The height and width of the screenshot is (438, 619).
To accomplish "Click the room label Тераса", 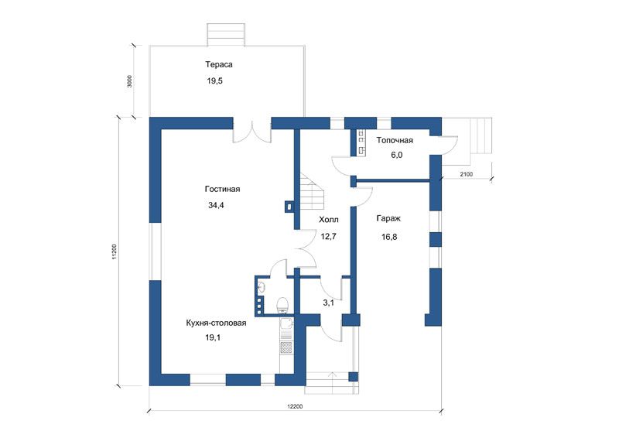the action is (219, 64).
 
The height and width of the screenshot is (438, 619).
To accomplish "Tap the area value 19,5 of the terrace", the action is (215, 81).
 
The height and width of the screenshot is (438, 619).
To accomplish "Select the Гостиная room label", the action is (222, 189).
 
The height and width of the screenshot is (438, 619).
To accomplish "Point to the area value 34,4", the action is (216, 205).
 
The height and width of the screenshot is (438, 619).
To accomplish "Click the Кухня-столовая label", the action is (216, 323).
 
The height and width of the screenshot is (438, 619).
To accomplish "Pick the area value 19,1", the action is (213, 337).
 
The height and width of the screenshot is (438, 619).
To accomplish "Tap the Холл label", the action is (328, 220).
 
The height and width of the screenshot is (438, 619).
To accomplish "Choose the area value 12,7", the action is (328, 237).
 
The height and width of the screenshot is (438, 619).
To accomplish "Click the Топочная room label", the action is (395, 140).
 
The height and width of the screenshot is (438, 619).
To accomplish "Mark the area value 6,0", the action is (397, 155).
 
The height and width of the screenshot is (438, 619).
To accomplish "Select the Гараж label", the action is (389, 218).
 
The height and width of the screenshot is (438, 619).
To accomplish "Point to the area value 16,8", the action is (389, 237).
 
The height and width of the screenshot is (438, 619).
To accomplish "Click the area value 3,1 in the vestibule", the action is (328, 303).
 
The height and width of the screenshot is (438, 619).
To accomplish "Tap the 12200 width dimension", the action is (295, 406).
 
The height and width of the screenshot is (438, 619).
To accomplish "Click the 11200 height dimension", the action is (114, 252).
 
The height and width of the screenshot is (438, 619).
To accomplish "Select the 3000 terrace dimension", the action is (130, 81).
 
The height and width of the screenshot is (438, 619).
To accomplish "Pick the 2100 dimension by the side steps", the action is (467, 174).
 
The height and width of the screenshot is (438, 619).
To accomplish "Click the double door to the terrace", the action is (252, 135).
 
